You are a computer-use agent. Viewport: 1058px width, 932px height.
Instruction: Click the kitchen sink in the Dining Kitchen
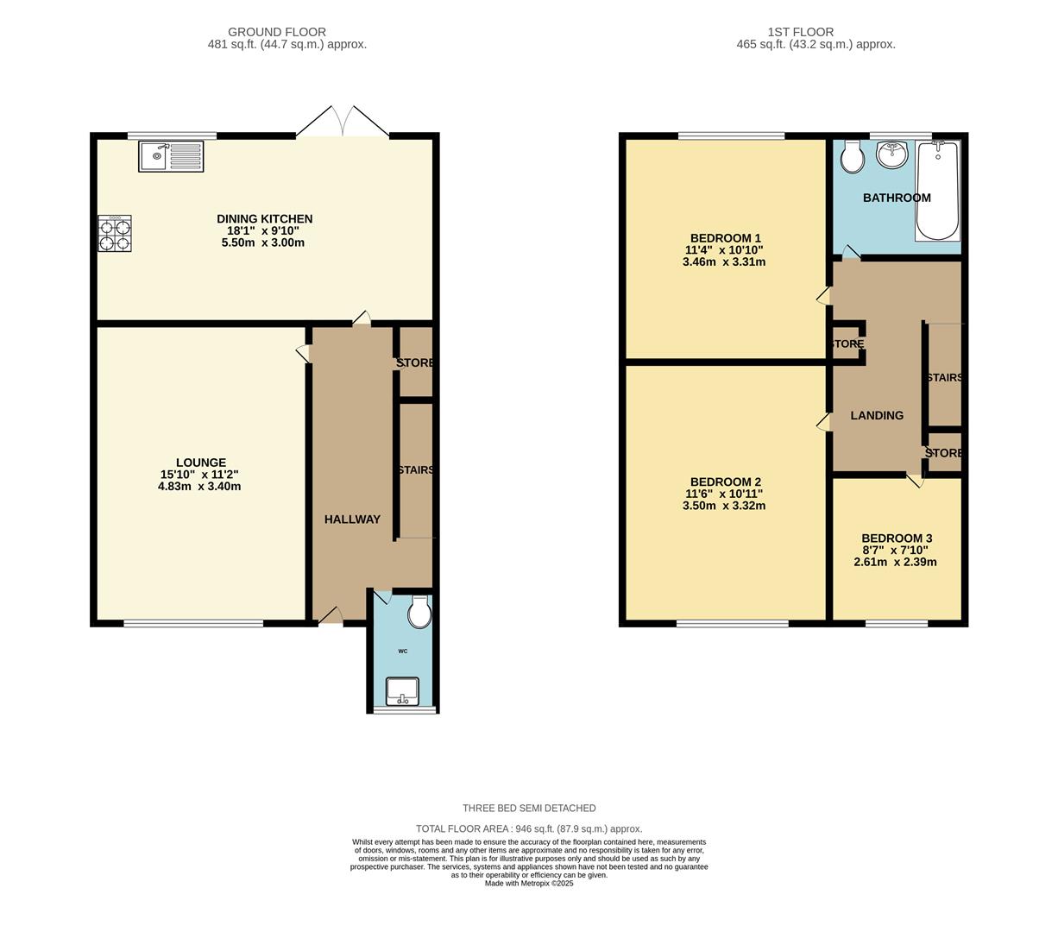point(171,157)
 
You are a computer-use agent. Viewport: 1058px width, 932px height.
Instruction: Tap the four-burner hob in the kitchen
point(115,233)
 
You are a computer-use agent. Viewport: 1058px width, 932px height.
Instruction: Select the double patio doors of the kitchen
point(343,123)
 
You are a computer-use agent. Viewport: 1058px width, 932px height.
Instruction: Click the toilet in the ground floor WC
point(420,611)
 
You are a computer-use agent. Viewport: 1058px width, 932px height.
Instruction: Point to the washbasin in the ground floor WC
point(402,690)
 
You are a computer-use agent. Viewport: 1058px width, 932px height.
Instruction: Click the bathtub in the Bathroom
point(937,191)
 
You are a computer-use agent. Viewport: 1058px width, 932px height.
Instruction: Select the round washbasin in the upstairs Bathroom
point(892,155)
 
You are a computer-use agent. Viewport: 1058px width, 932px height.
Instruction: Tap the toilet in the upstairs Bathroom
point(852,157)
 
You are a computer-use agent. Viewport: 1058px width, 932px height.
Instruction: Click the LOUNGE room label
point(201,463)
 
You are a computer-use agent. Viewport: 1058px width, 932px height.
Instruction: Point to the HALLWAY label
point(352,519)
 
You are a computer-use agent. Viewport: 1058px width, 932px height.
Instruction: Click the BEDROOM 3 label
point(897,538)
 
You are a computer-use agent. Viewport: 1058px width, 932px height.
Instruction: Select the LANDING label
point(877,415)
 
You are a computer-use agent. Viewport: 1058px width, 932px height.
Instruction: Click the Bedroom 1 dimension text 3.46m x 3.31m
point(724,261)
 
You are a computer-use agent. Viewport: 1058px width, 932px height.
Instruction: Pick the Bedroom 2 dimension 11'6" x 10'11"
point(724,494)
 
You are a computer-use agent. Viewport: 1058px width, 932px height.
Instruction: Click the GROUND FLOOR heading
point(277,32)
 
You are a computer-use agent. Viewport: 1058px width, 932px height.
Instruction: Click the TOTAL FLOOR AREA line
point(529,828)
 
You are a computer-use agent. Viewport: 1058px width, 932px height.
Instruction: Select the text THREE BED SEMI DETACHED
point(529,809)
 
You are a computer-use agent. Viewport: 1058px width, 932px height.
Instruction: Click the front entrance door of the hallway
point(330,615)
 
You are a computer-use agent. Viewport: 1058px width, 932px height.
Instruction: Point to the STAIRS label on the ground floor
point(415,470)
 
